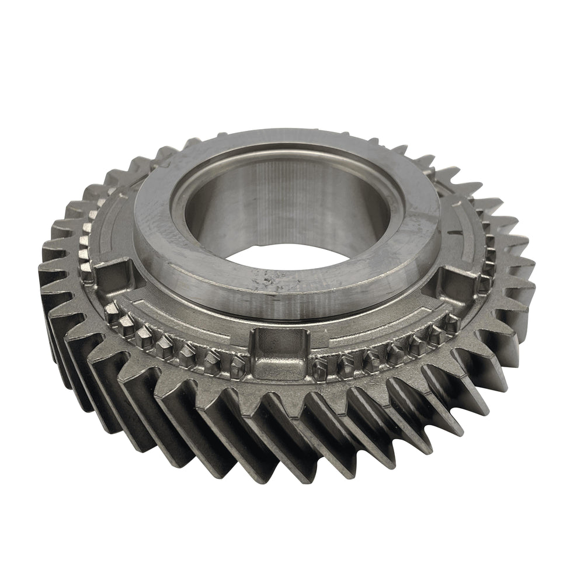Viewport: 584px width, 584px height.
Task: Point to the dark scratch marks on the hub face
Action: (x=270, y=280)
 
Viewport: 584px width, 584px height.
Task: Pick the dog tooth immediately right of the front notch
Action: (x=319, y=366)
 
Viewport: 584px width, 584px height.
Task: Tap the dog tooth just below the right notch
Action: (x=453, y=321)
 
